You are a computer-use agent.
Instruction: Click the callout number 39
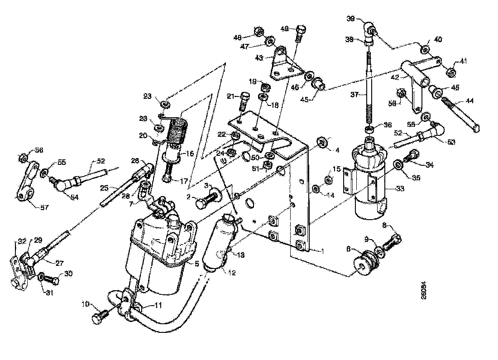pyautogui.click(x=350, y=19)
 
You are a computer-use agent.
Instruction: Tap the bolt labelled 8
pyautogui.click(x=392, y=240)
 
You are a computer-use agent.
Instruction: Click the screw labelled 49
pyautogui.click(x=300, y=34)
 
